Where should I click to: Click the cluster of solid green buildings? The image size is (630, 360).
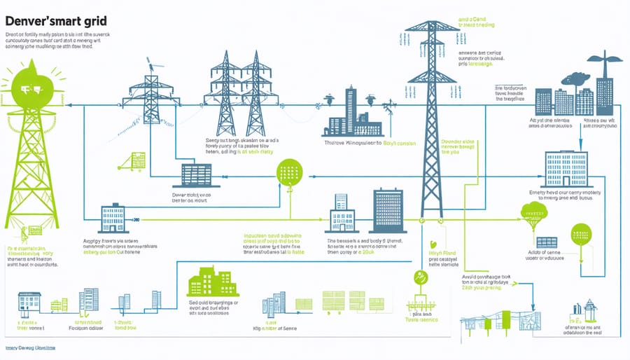(x=211, y=282)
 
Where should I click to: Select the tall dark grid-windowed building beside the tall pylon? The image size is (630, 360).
(x=388, y=209)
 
